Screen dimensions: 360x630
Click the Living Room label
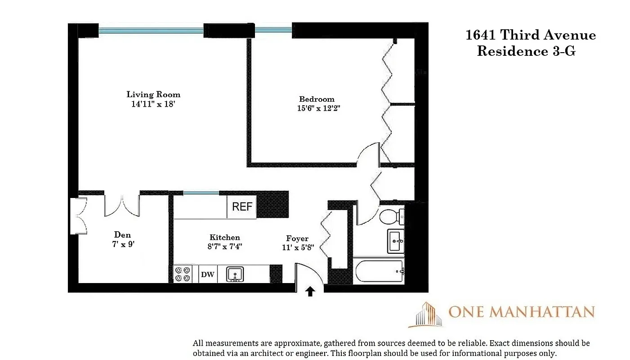153,94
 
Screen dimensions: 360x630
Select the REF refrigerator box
242,207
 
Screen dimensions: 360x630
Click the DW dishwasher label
207,274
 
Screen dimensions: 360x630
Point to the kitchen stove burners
183,274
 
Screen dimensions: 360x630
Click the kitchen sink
235,274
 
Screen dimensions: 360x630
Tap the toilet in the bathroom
391,216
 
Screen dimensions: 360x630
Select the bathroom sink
396,241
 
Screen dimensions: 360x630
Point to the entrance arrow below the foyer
310,292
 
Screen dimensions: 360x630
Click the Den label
122,235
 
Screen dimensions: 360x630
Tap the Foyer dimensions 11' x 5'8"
297,247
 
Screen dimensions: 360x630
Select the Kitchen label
225,238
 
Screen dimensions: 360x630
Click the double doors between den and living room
122,206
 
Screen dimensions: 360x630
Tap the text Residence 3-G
526,51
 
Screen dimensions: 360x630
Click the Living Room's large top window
151,31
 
